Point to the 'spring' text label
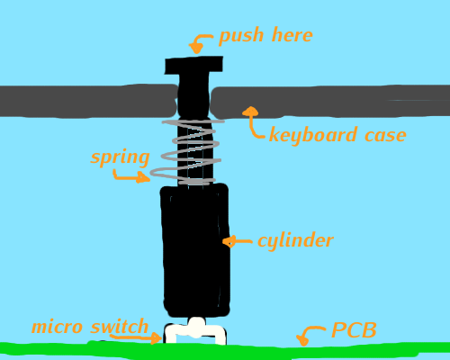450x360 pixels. point(120,157)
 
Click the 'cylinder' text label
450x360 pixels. point(295,241)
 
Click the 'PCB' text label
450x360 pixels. point(354,330)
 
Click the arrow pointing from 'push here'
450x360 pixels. point(201,42)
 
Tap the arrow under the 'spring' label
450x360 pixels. point(130,176)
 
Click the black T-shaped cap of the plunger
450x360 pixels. point(193,66)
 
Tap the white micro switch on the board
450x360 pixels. point(195,329)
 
